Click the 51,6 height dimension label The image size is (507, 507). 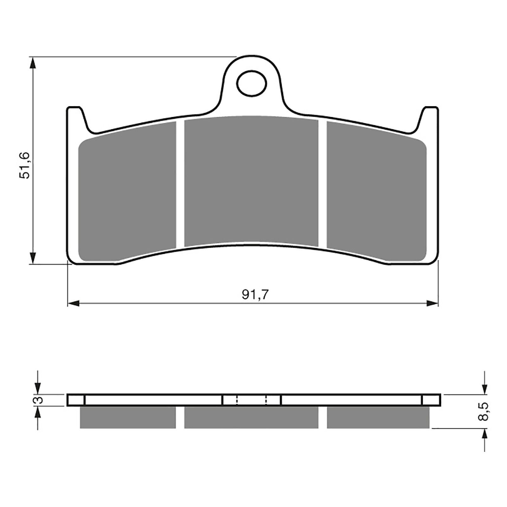coord(24,165)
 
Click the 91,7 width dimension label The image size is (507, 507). coord(255,295)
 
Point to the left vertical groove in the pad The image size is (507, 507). coord(180,184)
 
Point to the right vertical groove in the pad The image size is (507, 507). coord(322,184)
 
